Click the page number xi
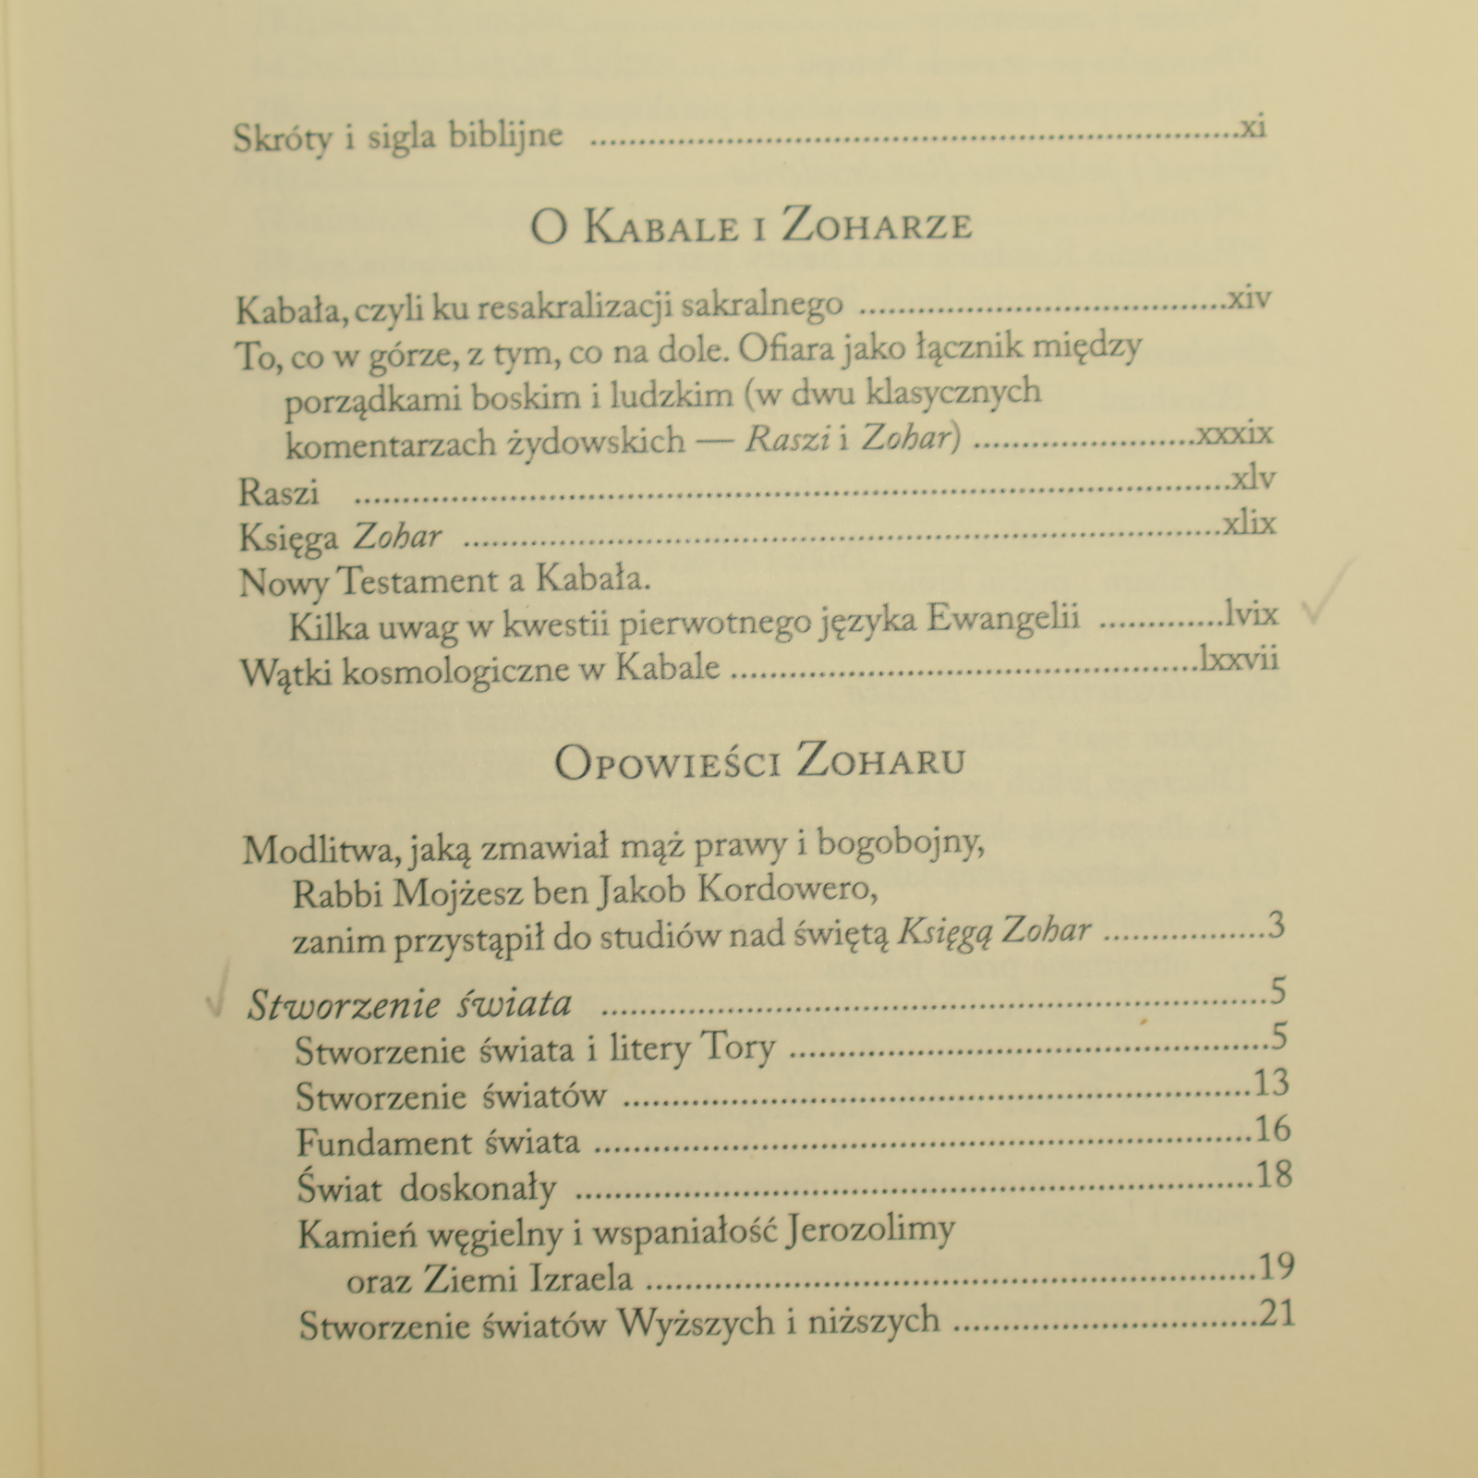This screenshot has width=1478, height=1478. click(1253, 127)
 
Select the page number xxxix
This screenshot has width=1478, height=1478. click(1235, 434)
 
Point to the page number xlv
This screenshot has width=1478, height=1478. click(1254, 479)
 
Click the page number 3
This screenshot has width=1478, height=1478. click(1277, 926)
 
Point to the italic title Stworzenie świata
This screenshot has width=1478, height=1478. click(409, 1004)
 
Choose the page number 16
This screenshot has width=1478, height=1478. click(1273, 1129)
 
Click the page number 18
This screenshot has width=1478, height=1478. click(1274, 1175)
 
